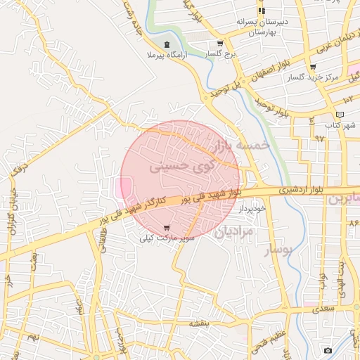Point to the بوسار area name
(x=277, y=249)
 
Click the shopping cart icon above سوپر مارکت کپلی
(x=166, y=227)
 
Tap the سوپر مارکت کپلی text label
(x=167, y=239)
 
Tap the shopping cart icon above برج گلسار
(x=220, y=43)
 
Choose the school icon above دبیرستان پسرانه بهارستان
(x=262, y=11)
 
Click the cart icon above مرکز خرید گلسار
(x=313, y=67)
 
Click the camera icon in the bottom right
(x=328, y=350)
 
